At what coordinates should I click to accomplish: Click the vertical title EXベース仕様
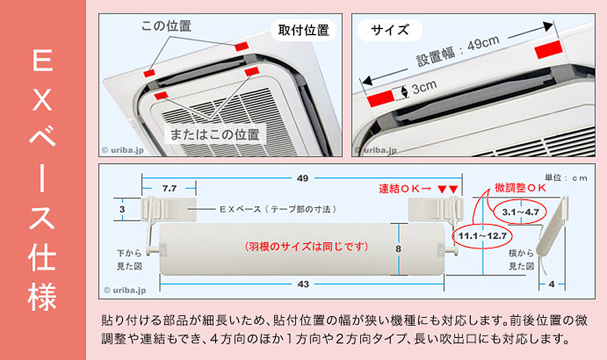point(42,180)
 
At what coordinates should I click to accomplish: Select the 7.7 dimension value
point(170,189)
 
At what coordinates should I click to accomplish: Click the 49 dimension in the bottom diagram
point(302,178)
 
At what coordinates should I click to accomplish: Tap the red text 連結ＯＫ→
point(404,188)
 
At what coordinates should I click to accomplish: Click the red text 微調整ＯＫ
point(521,188)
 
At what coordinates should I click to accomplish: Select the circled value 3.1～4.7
point(520,212)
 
